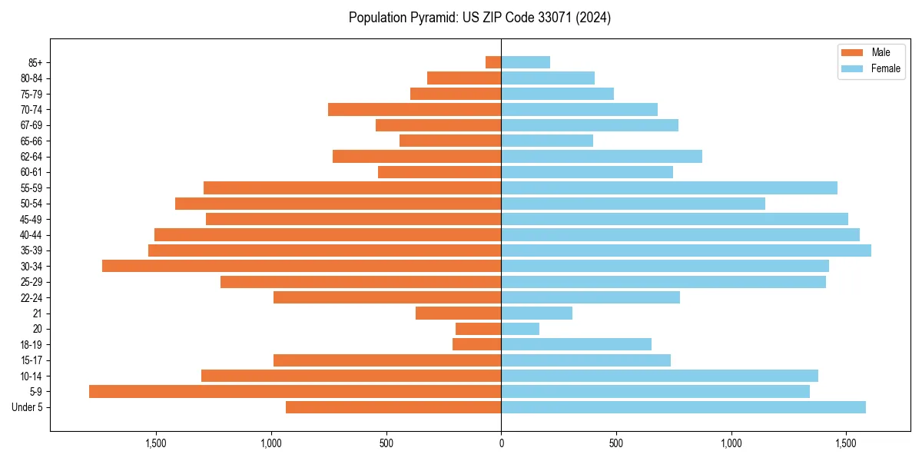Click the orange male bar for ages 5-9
pos(295,392)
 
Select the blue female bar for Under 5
pos(683,407)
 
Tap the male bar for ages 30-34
pos(301,267)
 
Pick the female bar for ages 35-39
pos(686,250)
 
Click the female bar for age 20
pos(520,329)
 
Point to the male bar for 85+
pos(493,62)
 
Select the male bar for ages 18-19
pos(477,345)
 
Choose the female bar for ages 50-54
pos(633,204)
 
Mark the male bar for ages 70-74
pos(415,110)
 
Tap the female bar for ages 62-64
pos(602,157)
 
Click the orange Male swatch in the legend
pos(852,52)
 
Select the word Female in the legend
pos(886,68)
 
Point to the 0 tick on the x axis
pos(501,443)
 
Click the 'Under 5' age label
pos(27,407)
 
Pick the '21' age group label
pos(38,313)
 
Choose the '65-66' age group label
pos(32,141)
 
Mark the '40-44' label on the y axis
pos(32,235)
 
